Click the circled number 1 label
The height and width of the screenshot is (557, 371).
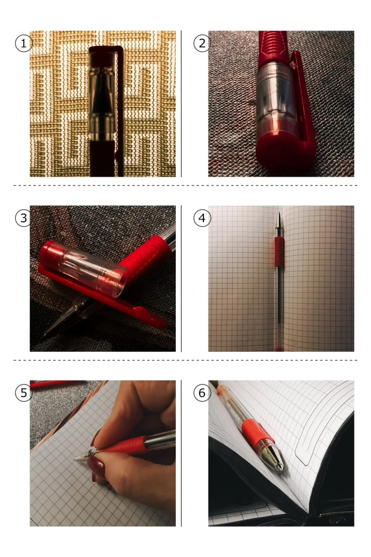click(23, 44)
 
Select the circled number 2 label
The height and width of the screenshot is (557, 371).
click(202, 44)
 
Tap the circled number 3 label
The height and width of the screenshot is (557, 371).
click(23, 218)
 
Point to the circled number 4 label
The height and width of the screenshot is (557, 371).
click(202, 218)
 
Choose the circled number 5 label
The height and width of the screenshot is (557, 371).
click(23, 393)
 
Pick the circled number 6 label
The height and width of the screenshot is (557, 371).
click(202, 393)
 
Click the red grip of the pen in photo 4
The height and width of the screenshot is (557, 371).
click(279, 252)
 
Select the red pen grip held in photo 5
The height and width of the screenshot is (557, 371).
click(126, 445)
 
